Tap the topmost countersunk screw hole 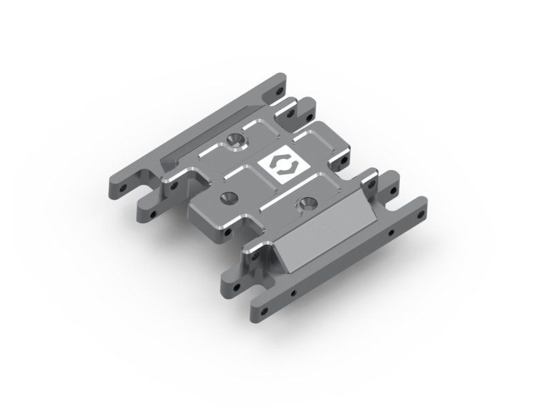[x=236, y=140]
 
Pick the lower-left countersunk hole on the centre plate [x=226, y=198]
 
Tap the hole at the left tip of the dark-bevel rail [x=124, y=186]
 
